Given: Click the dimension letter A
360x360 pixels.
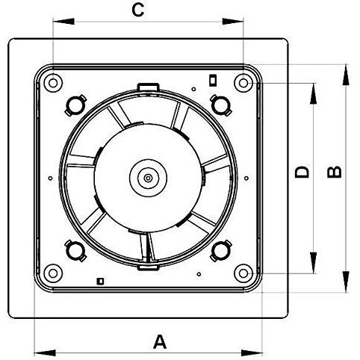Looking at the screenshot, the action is click(x=160, y=342).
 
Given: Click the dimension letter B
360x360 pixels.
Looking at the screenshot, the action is click(x=335, y=172).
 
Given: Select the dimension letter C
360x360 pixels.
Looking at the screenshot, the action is click(x=138, y=10).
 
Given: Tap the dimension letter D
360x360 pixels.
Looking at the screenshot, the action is click(x=302, y=172).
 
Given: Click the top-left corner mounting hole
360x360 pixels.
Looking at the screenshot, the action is click(x=53, y=83).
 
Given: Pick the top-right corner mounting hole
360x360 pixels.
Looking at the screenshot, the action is click(x=243, y=83).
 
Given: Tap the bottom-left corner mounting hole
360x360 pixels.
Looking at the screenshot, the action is click(x=53, y=273).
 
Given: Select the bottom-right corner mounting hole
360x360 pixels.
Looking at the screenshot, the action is click(x=243, y=273).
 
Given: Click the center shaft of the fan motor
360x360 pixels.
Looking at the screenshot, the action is click(x=148, y=178).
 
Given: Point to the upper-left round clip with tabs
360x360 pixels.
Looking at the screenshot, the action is click(x=75, y=105).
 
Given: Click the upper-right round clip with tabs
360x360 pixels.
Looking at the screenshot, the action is click(x=221, y=105).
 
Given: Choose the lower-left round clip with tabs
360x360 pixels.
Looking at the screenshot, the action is click(x=75, y=251).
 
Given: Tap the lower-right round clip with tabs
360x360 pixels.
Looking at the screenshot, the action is click(x=221, y=251).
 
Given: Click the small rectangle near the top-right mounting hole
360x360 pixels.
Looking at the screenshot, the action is click(x=212, y=80).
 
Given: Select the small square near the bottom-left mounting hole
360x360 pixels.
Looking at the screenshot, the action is click(x=100, y=281).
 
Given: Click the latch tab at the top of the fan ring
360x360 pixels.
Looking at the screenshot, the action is click(x=148, y=87).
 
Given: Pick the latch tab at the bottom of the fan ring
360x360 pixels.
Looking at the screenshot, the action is click(x=148, y=267).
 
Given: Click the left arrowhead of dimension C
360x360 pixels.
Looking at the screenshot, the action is click(x=63, y=22).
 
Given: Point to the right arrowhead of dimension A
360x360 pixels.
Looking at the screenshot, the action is click(x=252, y=353).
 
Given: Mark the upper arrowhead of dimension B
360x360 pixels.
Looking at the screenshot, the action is click(x=345, y=75).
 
